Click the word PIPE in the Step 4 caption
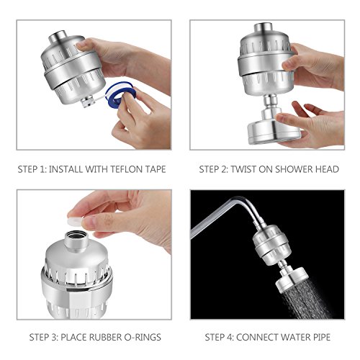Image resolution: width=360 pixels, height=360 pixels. pyautogui.click(x=322, y=338)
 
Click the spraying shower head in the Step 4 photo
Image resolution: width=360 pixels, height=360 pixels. pyautogui.click(x=292, y=279)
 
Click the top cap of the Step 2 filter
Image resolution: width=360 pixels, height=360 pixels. pyautogui.click(x=263, y=28)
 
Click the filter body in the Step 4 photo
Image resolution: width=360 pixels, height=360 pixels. pyautogui.click(x=271, y=245)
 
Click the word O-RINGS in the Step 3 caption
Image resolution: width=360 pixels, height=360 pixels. pyautogui.click(x=143, y=338)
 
